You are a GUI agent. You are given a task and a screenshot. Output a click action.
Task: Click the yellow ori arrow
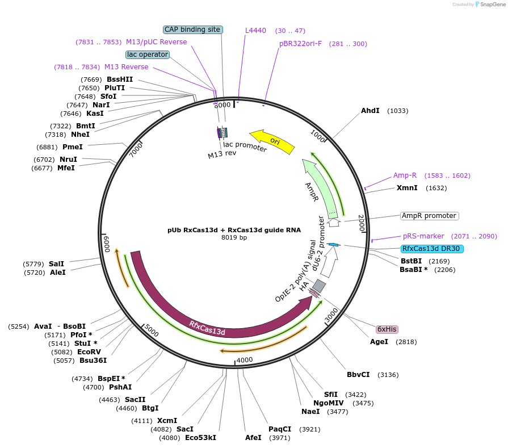coord(274,141)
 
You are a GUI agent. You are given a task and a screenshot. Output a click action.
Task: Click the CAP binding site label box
coord(192,30)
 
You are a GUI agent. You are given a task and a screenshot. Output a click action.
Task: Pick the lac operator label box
coord(148,55)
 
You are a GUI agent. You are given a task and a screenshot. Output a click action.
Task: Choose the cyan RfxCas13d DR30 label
coord(431,249)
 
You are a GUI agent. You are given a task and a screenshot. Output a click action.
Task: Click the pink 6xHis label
coord(387,329)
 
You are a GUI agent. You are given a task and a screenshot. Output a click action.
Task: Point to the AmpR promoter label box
coord(429,216)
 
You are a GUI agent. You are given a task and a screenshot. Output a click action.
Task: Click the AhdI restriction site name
coord(370,111)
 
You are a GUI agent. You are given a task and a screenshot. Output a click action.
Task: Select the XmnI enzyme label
coord(407,188)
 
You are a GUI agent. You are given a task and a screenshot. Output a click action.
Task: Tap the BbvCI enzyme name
coord(358,375)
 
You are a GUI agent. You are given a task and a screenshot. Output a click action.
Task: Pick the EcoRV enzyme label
coord(89,352)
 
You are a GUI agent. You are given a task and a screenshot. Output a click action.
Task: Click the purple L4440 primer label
coord(255,31)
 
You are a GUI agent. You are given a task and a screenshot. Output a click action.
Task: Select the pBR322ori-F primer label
coord(300,44)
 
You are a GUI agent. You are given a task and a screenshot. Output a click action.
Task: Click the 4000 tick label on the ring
coord(245,360)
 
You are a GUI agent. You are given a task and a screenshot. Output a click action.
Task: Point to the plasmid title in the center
coord(234,230)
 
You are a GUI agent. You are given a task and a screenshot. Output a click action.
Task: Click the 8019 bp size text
coord(234,238)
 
